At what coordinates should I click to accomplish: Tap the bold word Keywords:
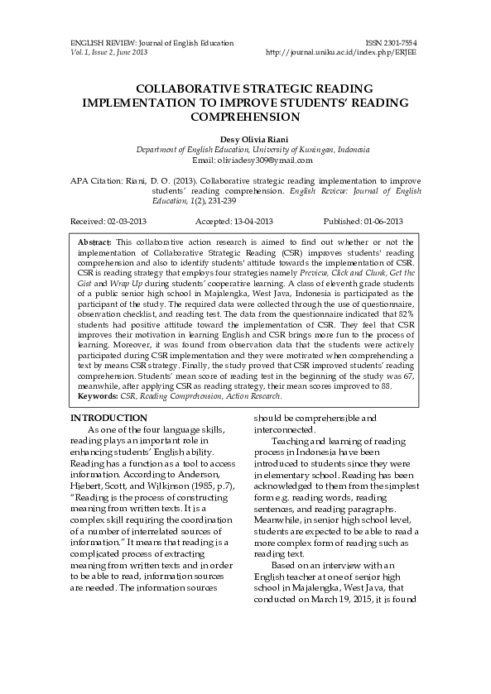[98, 396]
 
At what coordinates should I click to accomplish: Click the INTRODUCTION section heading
[109, 419]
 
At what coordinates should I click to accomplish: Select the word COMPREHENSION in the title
[244, 117]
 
